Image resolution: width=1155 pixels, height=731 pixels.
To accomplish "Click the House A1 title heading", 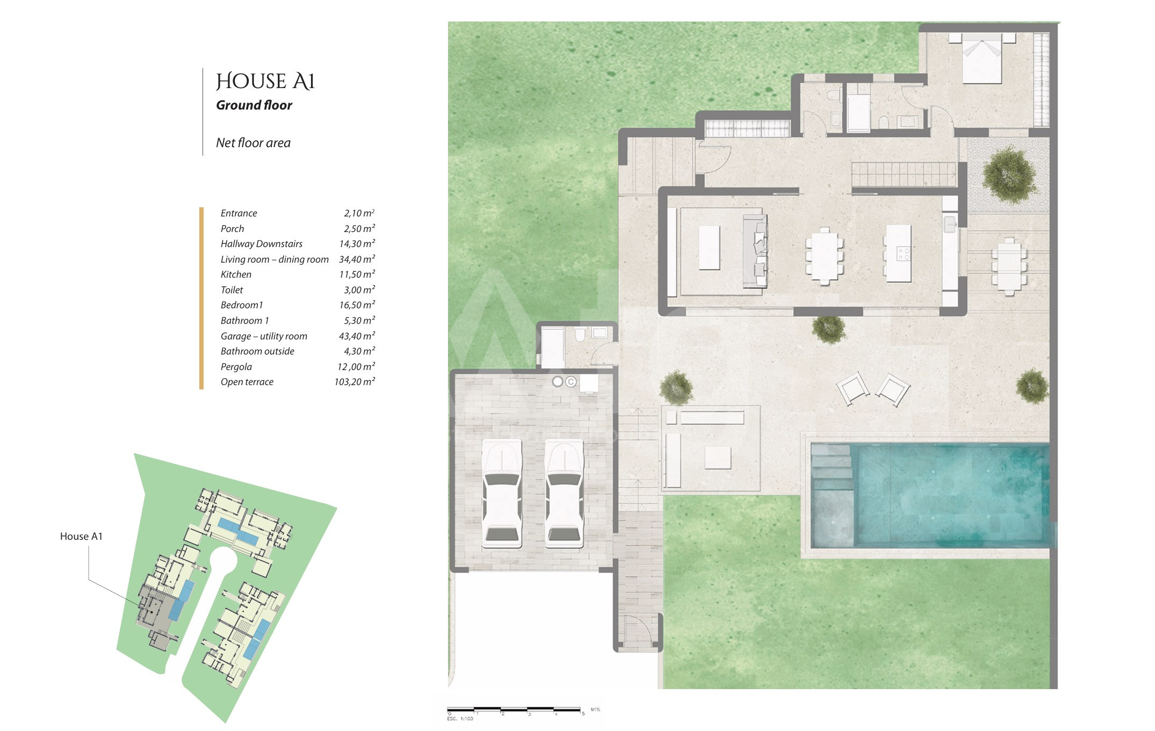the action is coord(265,82).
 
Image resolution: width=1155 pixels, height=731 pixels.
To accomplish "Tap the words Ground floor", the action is coord(254,105).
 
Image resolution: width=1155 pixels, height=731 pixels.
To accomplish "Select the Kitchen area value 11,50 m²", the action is coord(357,274).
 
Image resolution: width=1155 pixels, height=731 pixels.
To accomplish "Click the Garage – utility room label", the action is coord(264,336).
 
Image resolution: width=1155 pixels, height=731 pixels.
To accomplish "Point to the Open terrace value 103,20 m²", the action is coord(355,381).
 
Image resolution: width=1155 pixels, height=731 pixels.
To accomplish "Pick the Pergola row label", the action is coord(236,367).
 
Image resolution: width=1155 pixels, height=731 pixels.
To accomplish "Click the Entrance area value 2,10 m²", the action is coord(359,213).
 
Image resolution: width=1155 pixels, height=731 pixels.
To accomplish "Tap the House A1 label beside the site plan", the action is coord(81,536).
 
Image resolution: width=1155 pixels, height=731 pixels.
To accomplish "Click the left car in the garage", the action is coord(502,494).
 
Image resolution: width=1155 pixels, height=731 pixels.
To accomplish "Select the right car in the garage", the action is coord(564,494).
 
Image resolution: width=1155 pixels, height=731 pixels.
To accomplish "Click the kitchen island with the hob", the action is coord(898,253).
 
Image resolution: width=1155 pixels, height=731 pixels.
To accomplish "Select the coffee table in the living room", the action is coord(709,248).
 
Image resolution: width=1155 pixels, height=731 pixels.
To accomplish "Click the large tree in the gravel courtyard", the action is coord(1009,174).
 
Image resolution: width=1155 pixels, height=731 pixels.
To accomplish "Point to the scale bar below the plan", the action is coord(515,710).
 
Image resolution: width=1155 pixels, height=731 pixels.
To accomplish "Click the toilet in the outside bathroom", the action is coord(580,335).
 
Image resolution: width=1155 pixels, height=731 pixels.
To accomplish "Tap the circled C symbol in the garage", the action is coord(571,381).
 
